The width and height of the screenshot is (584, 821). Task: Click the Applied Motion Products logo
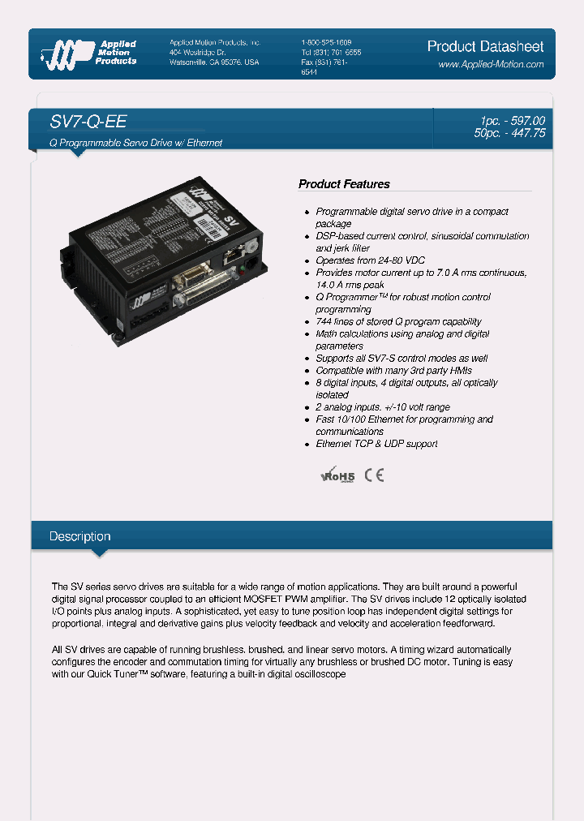(x=89, y=53)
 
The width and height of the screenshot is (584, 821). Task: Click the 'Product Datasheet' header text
(x=485, y=46)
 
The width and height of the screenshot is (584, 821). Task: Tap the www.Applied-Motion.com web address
(x=491, y=64)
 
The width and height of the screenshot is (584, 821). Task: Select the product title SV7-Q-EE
(x=88, y=122)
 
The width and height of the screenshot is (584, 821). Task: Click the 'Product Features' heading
(x=344, y=184)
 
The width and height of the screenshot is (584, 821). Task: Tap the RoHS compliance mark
(x=338, y=475)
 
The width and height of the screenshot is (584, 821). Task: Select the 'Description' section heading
(x=79, y=536)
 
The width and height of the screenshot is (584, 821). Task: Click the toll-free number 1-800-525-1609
(x=326, y=42)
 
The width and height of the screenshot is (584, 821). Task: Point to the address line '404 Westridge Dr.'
(x=198, y=52)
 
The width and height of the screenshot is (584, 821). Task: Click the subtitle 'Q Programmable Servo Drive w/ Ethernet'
(x=136, y=143)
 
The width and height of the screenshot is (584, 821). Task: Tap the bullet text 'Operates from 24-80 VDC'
(x=371, y=260)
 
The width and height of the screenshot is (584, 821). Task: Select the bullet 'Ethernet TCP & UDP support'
(x=376, y=444)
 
